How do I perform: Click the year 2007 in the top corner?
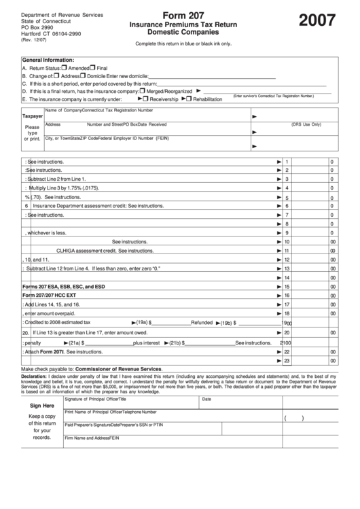(x=317, y=22)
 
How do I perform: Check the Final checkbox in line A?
(x=94, y=68)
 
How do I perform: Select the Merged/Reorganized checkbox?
(x=142, y=90)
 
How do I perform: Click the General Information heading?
(x=48, y=60)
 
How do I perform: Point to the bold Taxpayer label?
(x=33, y=116)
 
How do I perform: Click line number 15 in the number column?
(x=287, y=286)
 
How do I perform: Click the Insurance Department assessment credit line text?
(x=98, y=206)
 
